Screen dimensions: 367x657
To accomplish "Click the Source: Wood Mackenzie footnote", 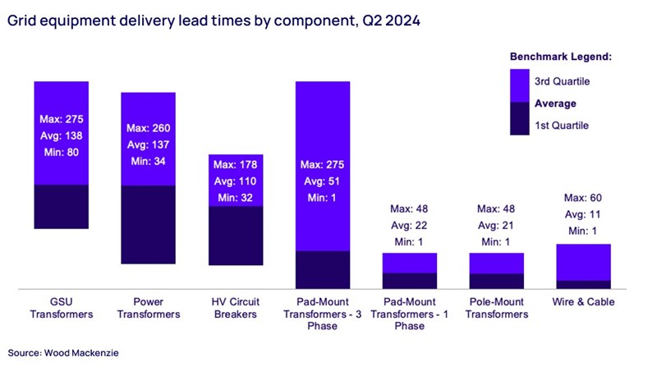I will pos(65,351).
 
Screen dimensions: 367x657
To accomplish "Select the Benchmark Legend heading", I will pos(561,57).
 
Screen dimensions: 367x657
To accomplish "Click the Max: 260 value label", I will pos(148,129).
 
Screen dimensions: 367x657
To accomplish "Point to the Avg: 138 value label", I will pos(61,134).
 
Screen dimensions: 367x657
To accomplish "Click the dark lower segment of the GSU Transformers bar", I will pos(61,206).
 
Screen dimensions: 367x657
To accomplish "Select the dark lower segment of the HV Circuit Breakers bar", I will pos(235,236).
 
